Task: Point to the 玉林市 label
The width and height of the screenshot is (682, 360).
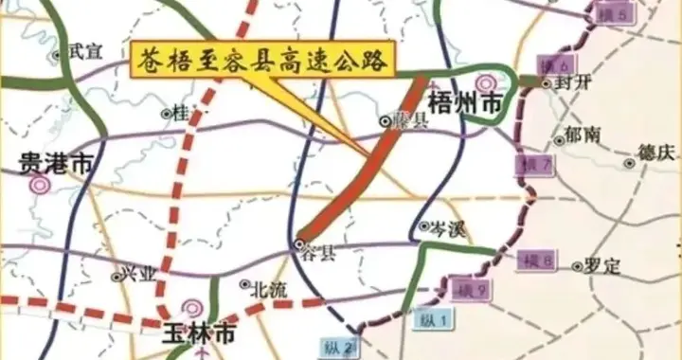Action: (x=198, y=333)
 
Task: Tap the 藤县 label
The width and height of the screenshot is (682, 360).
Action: (x=411, y=121)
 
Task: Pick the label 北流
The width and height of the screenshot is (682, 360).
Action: (x=269, y=291)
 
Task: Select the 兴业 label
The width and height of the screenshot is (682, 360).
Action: (x=136, y=275)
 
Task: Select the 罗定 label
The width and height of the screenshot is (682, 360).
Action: (x=602, y=267)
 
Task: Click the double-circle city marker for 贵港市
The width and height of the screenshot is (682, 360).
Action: (x=40, y=187)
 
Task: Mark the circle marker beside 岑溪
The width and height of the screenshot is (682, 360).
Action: (x=425, y=226)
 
